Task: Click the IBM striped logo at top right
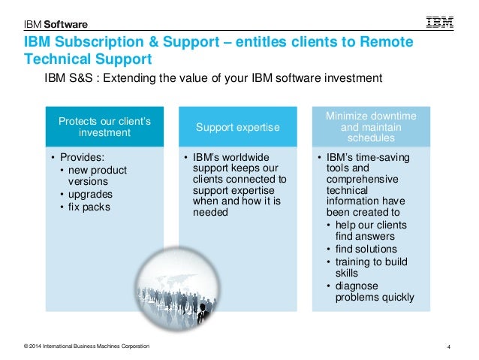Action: click(440, 23)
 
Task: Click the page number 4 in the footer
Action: click(448, 346)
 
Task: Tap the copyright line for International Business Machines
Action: click(86, 346)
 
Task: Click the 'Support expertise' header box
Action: click(237, 128)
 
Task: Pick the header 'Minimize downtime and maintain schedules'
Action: click(370, 127)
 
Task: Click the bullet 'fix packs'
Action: click(89, 207)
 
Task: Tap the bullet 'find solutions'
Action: click(366, 249)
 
